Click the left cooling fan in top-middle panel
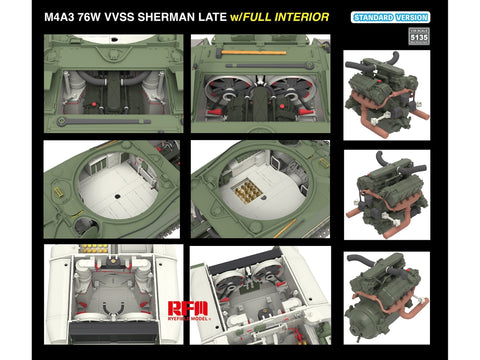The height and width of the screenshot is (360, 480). pos(227,92)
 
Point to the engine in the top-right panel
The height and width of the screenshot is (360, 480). pos(386,90)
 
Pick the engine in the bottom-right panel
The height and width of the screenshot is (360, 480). pos(386,291)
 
